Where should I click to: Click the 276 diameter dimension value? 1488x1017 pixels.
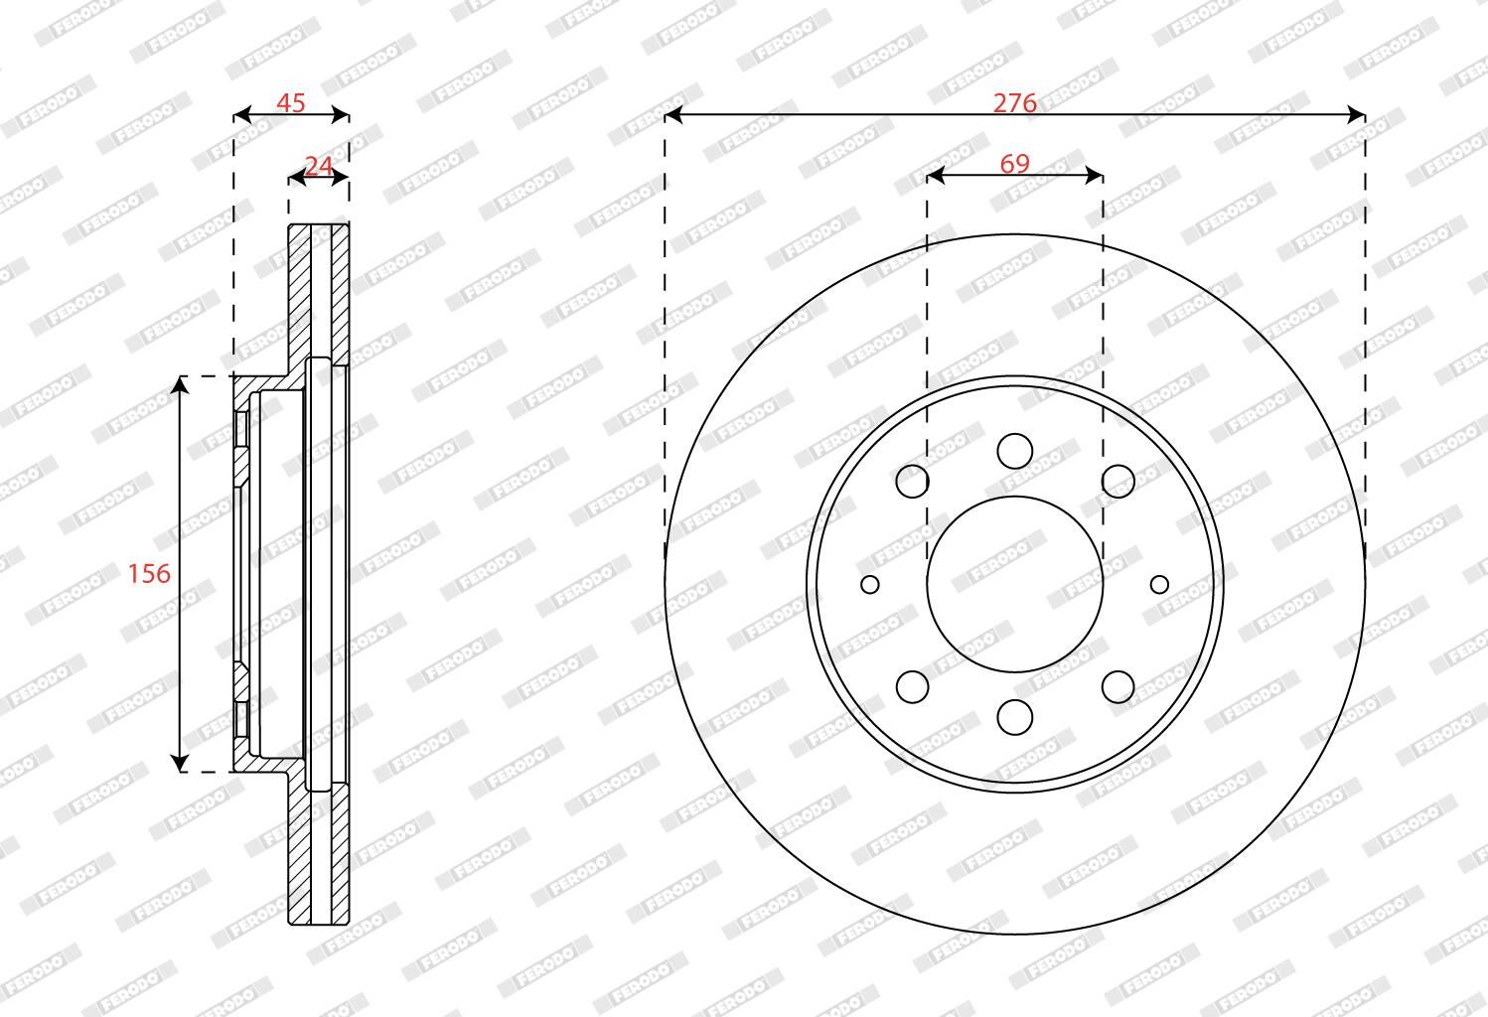point(1014,103)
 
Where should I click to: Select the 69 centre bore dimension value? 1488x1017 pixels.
point(1015,164)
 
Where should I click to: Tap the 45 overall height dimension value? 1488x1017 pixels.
point(290,103)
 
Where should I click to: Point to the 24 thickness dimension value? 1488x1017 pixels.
point(318,166)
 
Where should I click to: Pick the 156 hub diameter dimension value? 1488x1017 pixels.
point(149,573)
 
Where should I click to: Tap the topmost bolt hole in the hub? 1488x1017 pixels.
point(1015,451)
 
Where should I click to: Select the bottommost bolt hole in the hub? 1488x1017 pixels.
point(1015,717)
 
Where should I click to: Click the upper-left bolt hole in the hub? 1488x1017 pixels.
point(912,481)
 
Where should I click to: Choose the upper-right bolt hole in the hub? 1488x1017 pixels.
point(1118,481)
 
